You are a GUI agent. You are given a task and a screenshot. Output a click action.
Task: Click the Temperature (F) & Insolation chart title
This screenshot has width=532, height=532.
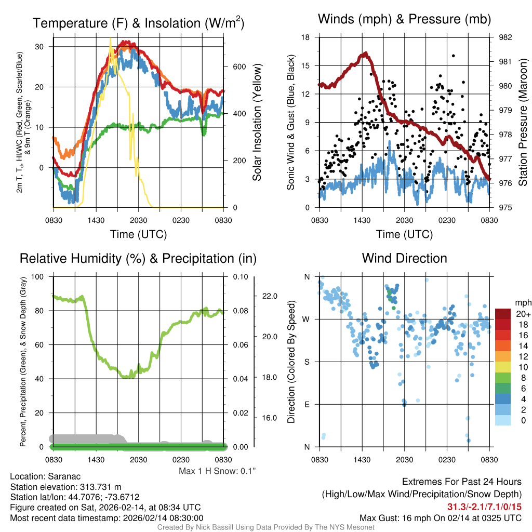click(x=138, y=23)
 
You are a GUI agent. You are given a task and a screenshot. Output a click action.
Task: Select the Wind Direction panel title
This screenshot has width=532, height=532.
click(x=404, y=258)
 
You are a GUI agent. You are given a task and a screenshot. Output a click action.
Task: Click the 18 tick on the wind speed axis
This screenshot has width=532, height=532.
click(x=305, y=37)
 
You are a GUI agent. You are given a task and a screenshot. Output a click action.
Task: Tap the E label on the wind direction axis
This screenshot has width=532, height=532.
click(x=307, y=404)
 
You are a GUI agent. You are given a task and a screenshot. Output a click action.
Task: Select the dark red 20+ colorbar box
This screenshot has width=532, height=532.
click(x=503, y=314)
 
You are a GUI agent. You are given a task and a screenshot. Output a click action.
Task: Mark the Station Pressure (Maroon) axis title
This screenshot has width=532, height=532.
click(x=523, y=123)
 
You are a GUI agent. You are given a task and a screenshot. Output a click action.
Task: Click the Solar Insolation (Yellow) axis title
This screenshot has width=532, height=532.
click(x=257, y=123)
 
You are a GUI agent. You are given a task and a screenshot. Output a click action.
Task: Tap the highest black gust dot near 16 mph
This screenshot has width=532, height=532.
click(x=453, y=56)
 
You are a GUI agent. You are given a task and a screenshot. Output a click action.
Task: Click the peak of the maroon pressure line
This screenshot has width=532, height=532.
click(x=366, y=53)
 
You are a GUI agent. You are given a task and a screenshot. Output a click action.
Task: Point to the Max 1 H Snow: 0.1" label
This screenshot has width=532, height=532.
click(x=217, y=471)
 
